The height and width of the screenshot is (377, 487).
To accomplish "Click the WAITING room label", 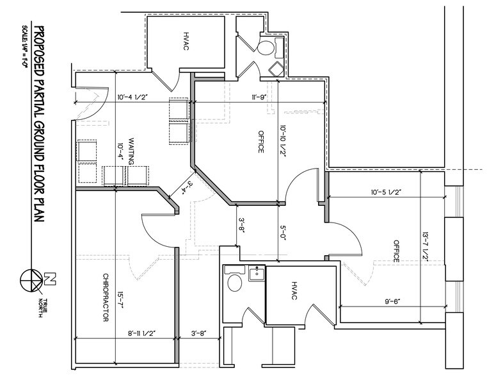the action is (x=131, y=151).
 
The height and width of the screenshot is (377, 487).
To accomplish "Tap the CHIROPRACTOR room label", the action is (x=106, y=297).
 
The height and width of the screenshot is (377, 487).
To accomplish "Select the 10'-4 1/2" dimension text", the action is (x=132, y=97).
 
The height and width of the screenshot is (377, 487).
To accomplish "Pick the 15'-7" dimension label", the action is (x=120, y=300).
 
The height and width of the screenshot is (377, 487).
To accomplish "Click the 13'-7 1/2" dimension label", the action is (x=425, y=246).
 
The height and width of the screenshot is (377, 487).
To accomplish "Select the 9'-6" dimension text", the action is (x=392, y=301).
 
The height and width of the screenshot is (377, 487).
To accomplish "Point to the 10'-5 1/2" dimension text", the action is (x=386, y=192).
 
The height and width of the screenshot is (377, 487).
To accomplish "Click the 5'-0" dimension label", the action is (x=283, y=231).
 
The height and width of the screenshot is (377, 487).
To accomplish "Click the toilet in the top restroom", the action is (x=266, y=47).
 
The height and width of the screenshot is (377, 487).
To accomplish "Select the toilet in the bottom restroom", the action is (x=234, y=283).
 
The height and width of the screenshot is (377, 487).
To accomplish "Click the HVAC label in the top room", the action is (x=186, y=41).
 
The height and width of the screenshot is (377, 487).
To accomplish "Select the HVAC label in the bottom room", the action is (x=294, y=291).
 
